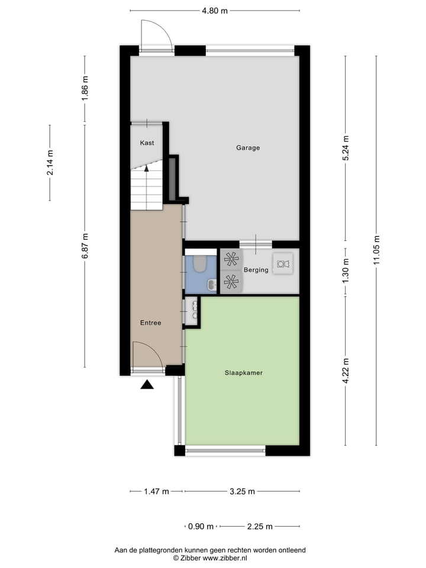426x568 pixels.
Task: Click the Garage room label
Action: [248, 148]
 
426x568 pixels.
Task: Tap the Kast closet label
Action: [147, 143]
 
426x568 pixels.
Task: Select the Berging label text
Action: [256, 270]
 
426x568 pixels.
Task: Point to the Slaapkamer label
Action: [243, 373]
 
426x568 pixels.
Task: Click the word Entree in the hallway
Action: [150, 322]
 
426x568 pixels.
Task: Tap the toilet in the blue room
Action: [199, 263]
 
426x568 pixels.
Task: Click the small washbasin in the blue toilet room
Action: [211, 286]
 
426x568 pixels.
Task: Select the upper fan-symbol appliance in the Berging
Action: [231, 259]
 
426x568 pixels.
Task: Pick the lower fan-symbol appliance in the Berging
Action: [231, 282]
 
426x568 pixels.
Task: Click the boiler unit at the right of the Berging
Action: [283, 264]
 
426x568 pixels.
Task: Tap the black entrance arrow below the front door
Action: [147, 385]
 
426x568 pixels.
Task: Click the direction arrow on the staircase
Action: [147, 169]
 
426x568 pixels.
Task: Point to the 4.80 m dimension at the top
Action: [215, 11]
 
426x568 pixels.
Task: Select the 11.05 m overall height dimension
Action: [376, 251]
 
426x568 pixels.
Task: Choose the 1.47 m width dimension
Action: [156, 491]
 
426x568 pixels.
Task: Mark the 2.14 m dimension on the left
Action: [50, 163]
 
